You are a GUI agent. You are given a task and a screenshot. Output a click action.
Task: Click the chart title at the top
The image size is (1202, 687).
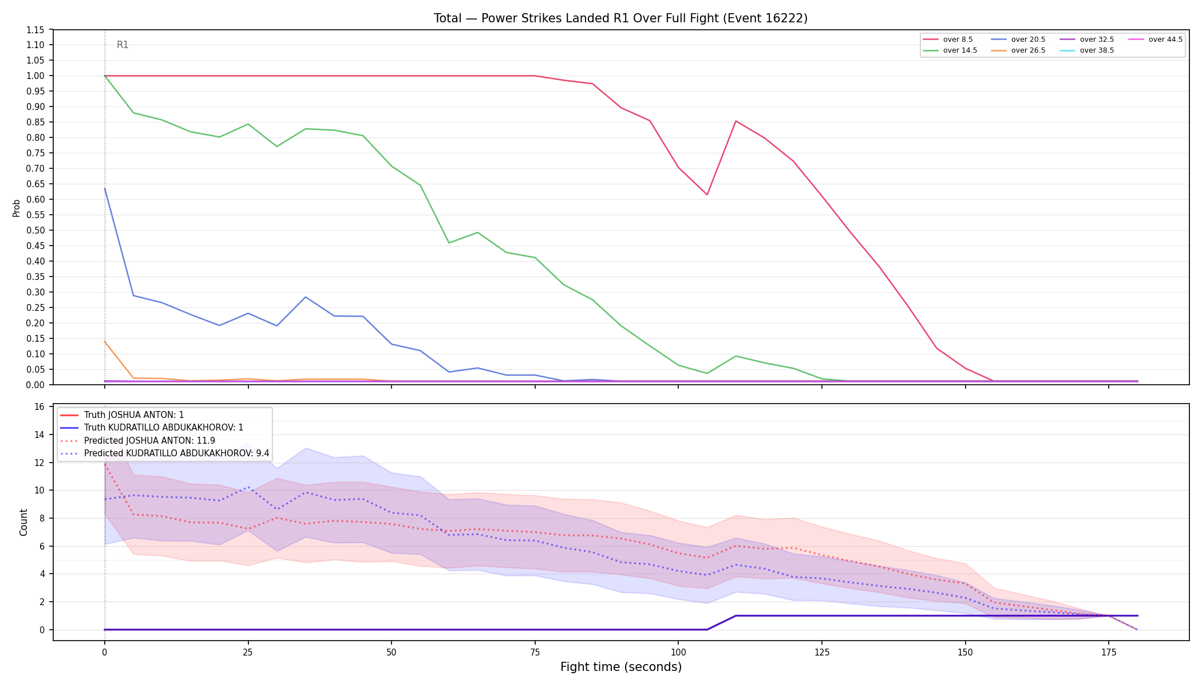click(620, 18)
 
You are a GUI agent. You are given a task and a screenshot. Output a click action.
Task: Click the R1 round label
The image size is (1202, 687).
click(122, 45)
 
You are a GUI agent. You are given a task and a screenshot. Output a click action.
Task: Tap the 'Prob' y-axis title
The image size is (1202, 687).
click(17, 208)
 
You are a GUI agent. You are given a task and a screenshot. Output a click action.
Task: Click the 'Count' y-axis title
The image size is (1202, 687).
click(23, 522)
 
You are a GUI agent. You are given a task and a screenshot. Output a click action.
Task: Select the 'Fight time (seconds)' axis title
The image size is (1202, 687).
click(621, 667)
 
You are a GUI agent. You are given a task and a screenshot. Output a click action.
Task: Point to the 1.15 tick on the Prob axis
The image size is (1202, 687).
click(35, 30)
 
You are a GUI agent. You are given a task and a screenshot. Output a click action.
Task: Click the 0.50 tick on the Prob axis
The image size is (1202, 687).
click(35, 230)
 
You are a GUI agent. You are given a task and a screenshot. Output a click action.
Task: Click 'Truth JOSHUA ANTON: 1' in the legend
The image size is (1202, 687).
click(134, 415)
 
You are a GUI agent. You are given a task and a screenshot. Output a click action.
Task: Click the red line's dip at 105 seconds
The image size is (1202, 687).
click(707, 195)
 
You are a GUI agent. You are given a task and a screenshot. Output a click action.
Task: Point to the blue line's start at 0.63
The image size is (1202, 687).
click(105, 188)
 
